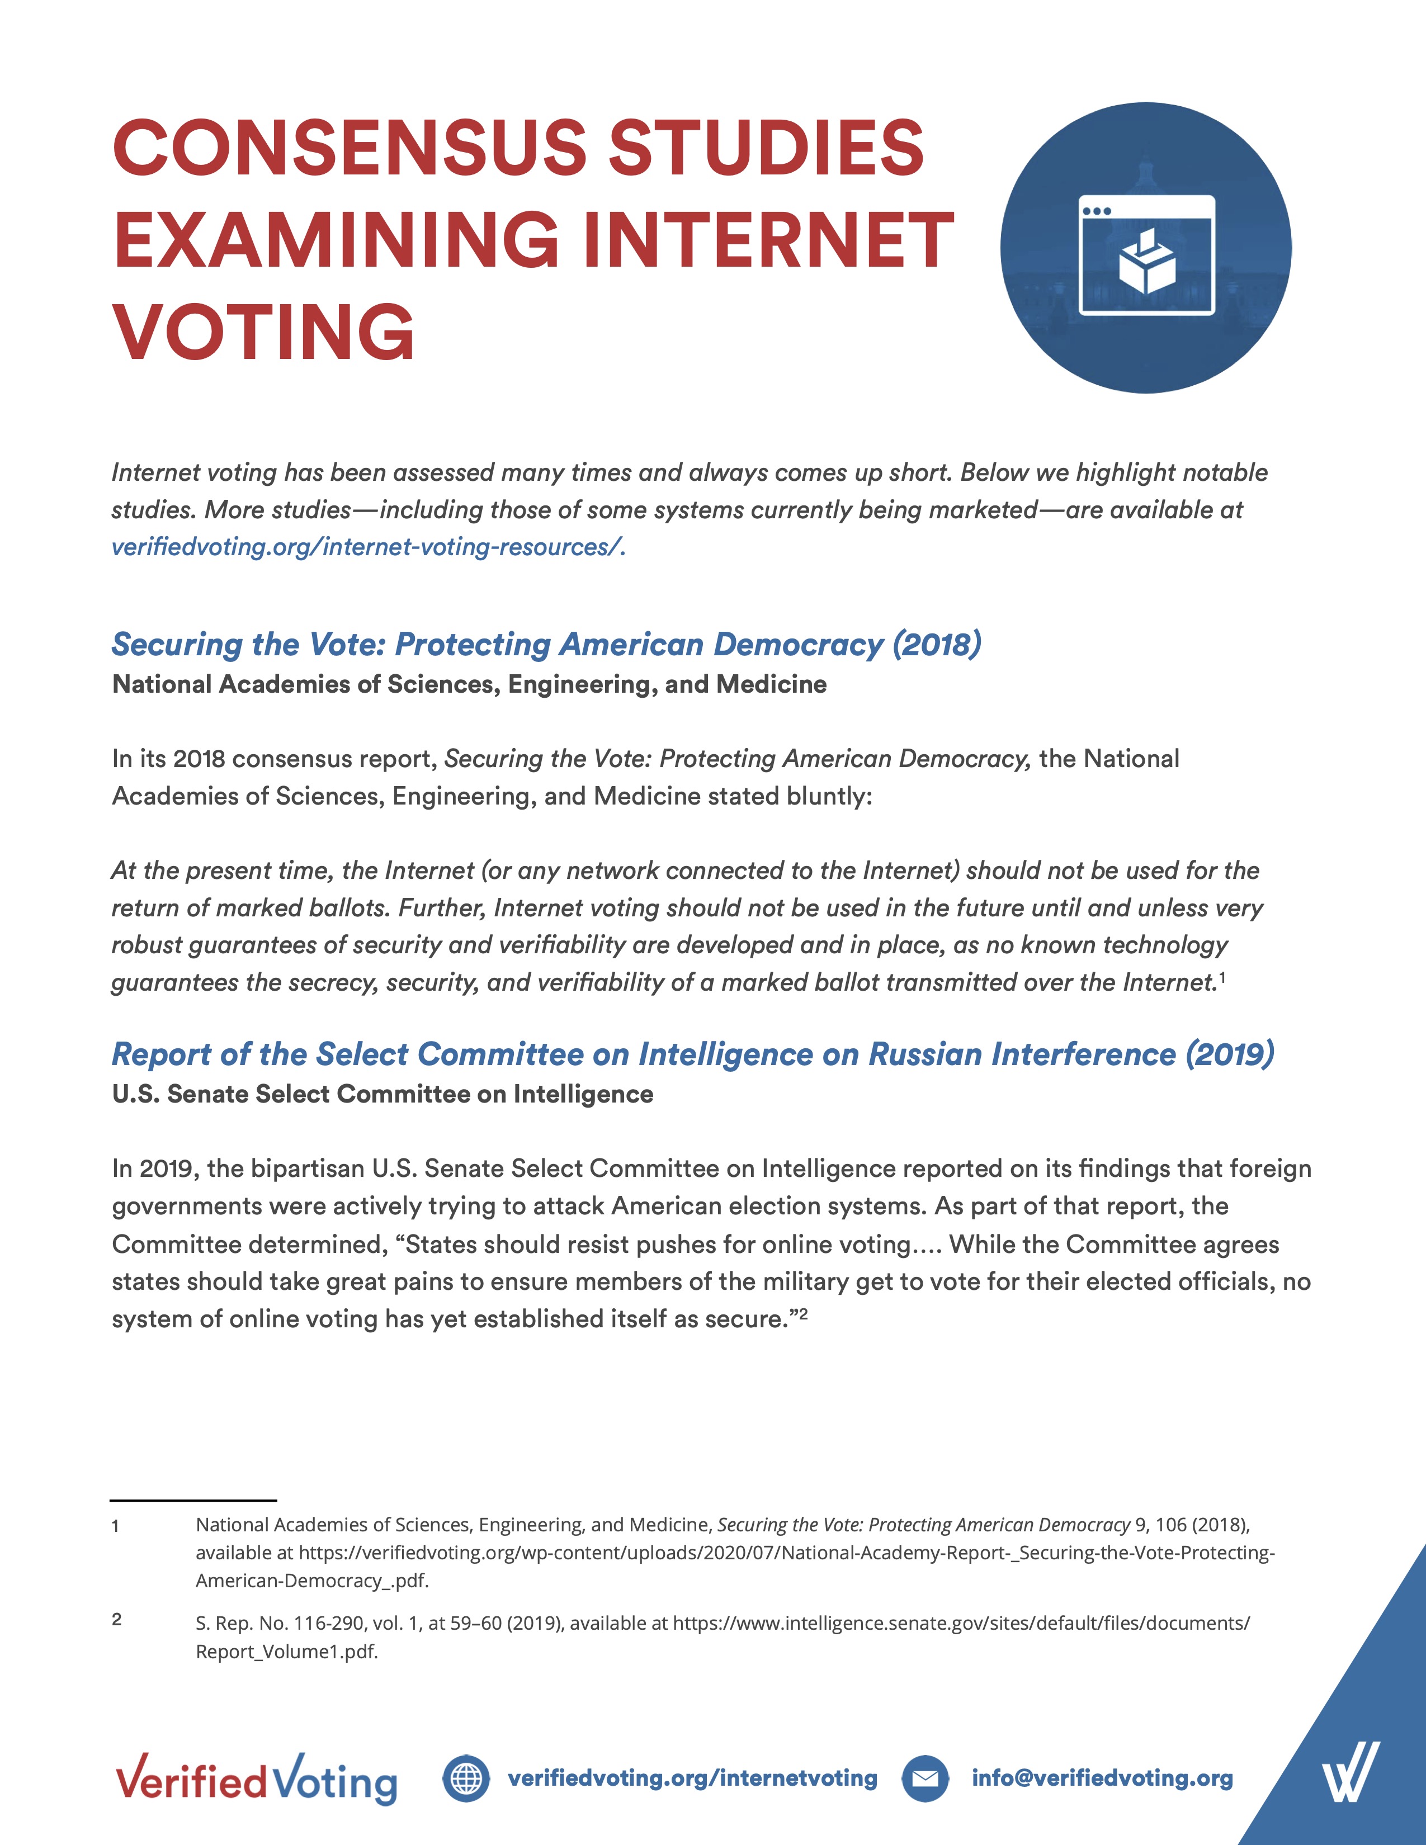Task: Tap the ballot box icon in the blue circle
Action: (x=1147, y=263)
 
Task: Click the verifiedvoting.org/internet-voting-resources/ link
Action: (x=369, y=547)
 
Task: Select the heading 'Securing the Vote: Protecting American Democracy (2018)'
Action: (x=546, y=645)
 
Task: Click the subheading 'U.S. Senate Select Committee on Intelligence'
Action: (x=383, y=1094)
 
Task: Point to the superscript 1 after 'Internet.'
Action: (x=1222, y=977)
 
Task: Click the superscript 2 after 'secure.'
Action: (x=804, y=1314)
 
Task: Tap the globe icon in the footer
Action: (x=465, y=1778)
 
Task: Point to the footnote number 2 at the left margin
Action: (x=116, y=1620)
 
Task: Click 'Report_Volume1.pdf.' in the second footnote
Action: (x=286, y=1652)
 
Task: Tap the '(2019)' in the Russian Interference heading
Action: (x=1229, y=1054)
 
